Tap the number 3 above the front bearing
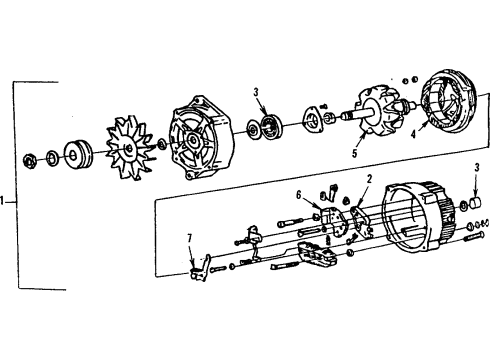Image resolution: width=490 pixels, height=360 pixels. click(x=257, y=93)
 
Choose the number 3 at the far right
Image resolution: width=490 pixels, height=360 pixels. click(x=477, y=167)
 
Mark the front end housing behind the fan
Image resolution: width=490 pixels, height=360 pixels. click(x=201, y=136)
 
